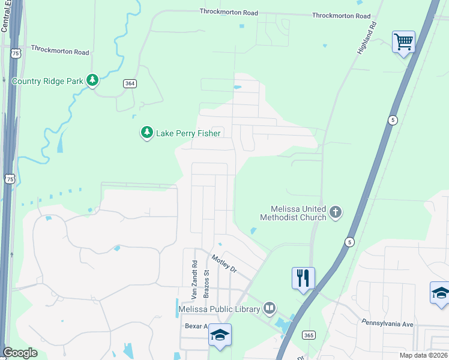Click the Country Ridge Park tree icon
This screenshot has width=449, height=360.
point(92,80)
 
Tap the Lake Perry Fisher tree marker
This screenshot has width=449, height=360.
point(146,133)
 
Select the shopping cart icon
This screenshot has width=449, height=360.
point(404,43)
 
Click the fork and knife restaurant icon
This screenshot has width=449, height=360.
point(303,278)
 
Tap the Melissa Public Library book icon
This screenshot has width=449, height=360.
point(270,308)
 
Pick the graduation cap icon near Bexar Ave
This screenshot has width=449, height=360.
point(220,335)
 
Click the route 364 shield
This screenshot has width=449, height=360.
point(129,83)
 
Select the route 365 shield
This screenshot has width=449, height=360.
point(309,334)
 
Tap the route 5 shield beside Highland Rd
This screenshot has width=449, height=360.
point(392,119)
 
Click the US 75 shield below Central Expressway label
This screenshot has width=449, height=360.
point(15,53)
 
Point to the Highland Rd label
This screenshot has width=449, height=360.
point(366,40)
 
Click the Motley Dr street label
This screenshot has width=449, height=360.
point(224,264)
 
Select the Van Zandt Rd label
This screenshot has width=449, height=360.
point(194,280)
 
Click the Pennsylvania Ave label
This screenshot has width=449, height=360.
point(387,324)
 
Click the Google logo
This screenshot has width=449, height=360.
point(20,353)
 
